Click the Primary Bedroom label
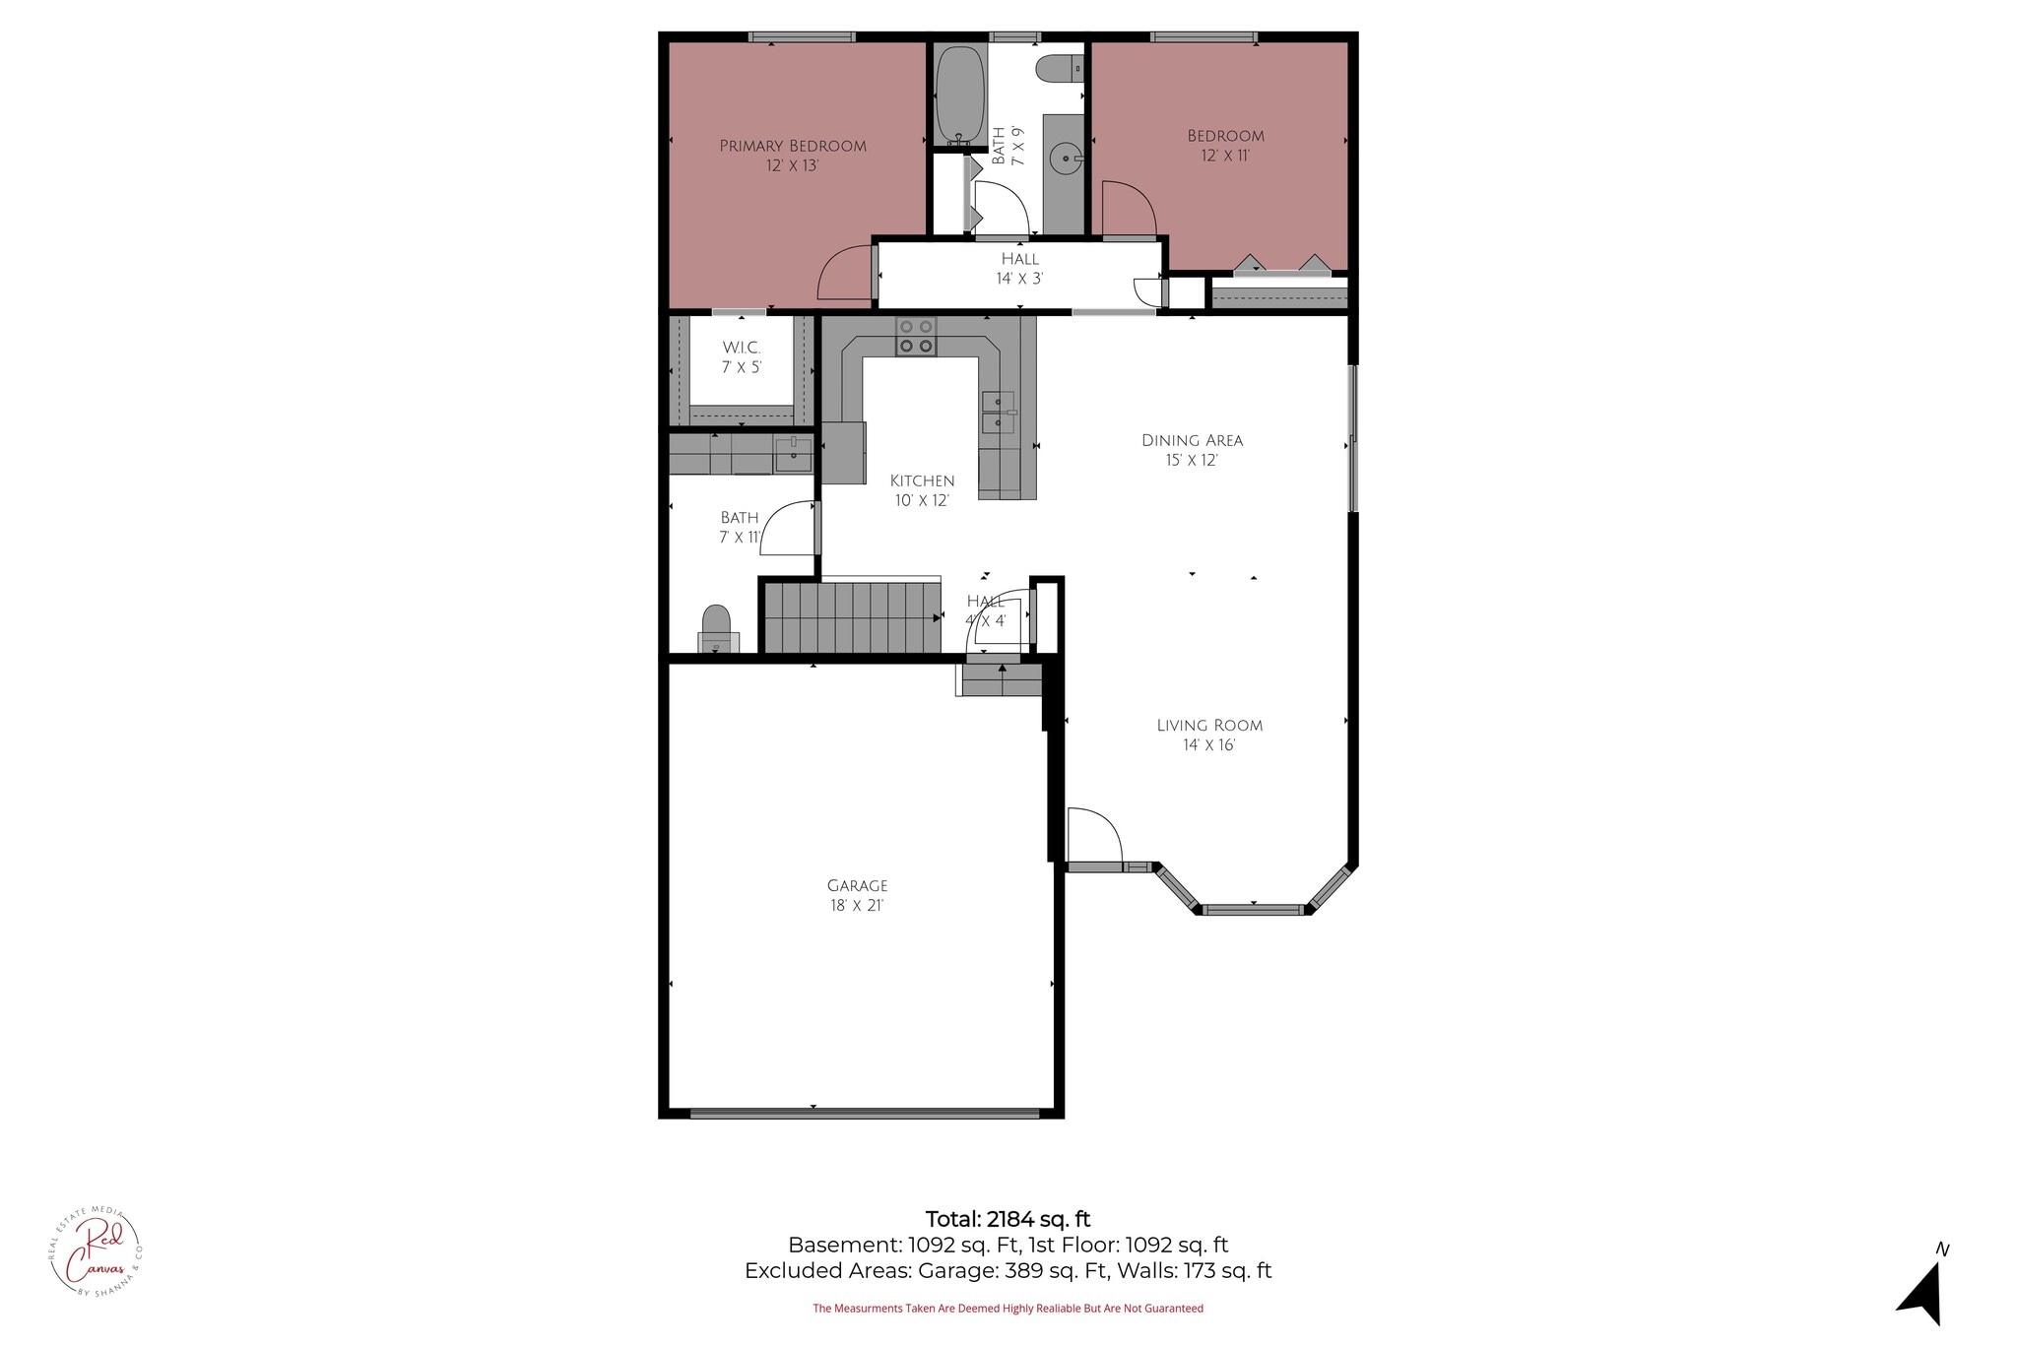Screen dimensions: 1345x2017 point(793,156)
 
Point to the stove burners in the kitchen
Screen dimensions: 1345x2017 point(916,336)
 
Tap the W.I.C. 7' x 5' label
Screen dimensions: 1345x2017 point(742,357)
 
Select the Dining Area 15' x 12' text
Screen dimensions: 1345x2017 point(1192,450)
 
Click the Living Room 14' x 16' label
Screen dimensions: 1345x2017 point(1209,735)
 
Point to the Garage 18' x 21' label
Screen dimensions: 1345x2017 point(857,895)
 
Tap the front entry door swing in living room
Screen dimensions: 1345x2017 point(1093,836)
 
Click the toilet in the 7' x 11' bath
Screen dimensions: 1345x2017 point(717,627)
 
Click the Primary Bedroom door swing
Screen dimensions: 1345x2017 point(845,274)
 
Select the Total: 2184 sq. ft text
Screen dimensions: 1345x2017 point(1008,1219)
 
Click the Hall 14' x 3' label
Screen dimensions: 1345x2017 point(1019,269)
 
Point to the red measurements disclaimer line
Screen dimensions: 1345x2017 point(1008,1309)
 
